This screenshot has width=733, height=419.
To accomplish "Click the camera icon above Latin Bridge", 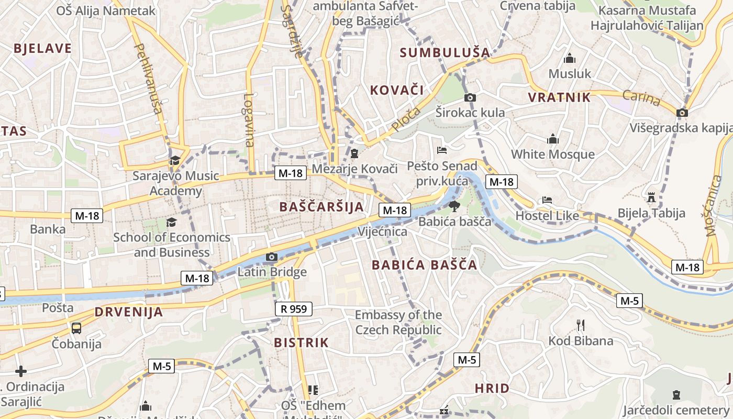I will point(271,257).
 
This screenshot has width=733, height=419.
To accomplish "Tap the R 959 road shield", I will point(293,309).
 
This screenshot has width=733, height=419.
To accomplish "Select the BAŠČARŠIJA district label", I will point(321,206).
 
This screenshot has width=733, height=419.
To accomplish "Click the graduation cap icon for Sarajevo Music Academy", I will point(174,160).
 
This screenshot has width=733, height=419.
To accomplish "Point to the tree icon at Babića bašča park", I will point(454,206).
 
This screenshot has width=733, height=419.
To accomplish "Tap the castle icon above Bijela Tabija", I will point(651,197).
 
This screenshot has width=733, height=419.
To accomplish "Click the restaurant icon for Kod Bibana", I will point(580,325).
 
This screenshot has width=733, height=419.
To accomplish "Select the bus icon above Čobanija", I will point(76,328).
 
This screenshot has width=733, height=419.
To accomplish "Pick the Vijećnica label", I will point(382,231).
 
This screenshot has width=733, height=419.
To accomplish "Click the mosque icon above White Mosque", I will point(552,139).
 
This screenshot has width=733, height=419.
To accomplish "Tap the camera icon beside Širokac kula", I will point(470,97).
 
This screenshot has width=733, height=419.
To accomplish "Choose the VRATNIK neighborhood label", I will point(559,97).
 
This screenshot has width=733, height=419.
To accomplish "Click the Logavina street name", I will point(249,120).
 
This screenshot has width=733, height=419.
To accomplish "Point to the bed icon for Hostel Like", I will point(547,200).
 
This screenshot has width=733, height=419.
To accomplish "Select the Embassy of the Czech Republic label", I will point(398,323).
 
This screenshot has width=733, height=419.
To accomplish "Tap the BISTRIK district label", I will point(301,343).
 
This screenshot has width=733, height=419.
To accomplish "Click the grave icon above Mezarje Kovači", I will point(354,153).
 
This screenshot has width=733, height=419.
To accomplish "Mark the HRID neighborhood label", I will point(492,388).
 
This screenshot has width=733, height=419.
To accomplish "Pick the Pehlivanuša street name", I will point(149,79).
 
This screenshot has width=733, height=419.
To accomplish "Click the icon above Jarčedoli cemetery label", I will point(676,395).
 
